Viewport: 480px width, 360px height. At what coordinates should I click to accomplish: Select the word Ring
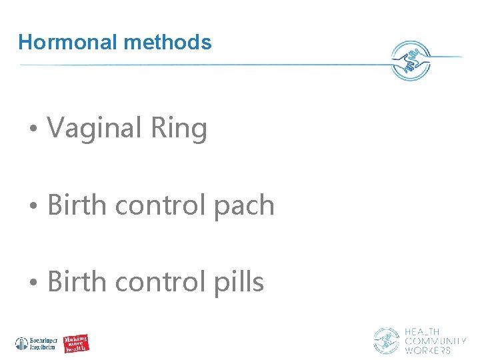(x=179, y=129)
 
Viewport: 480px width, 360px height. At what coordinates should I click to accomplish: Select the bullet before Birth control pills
(x=33, y=283)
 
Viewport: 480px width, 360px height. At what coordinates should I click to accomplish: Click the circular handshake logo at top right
(x=411, y=61)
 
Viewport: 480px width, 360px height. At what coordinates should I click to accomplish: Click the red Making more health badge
(x=76, y=344)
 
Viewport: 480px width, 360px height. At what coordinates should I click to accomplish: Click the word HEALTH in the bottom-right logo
(x=422, y=331)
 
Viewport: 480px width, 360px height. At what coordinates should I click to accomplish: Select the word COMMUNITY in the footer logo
(x=435, y=341)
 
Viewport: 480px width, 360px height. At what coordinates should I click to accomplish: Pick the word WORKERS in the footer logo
(x=427, y=350)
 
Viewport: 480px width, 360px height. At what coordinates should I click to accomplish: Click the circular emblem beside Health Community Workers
(x=386, y=341)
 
